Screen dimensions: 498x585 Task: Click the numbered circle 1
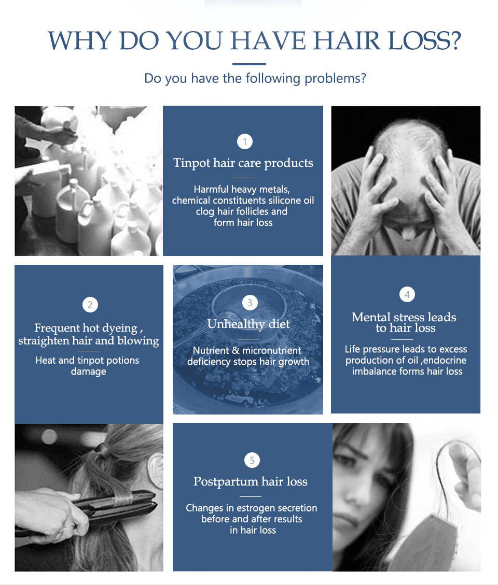pos(245,142)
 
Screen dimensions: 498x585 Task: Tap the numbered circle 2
pos(90,305)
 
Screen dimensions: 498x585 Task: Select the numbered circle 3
pos(250,303)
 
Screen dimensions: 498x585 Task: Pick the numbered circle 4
pos(407,294)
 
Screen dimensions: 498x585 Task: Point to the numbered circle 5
pos(252,460)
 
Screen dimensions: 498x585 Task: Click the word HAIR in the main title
pos(347,40)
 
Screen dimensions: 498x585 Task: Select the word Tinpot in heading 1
pos(191,163)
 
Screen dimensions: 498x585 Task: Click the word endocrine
pos(445,361)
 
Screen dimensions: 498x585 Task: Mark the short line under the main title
pos(249,64)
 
